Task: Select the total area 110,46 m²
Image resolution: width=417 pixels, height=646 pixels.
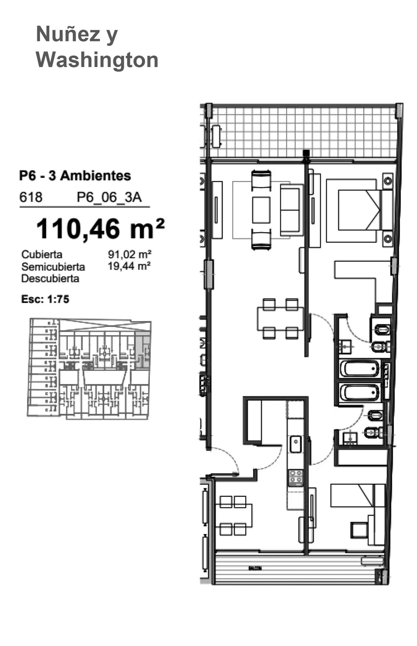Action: click(x=100, y=229)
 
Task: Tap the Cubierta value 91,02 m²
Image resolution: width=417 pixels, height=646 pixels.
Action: click(x=130, y=254)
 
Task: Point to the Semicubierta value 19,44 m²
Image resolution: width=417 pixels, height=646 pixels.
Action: click(x=129, y=266)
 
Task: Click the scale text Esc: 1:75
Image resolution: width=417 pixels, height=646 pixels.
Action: click(x=45, y=299)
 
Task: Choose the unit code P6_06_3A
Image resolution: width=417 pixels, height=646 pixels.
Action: click(x=109, y=197)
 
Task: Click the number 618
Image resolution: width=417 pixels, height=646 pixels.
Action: click(x=31, y=197)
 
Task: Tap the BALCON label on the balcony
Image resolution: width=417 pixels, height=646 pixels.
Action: click(x=255, y=569)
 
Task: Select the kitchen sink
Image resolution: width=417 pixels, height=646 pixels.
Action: click(x=296, y=444)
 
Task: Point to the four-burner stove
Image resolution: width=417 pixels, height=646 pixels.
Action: click(x=296, y=477)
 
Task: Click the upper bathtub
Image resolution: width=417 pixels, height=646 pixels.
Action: click(x=360, y=369)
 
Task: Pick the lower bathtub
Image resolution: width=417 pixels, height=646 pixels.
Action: click(x=360, y=393)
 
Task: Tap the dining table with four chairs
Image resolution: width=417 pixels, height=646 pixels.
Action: click(x=280, y=319)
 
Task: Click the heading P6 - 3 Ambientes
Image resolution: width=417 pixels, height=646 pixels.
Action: click(x=75, y=176)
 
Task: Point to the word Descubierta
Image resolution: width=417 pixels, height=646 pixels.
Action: click(x=50, y=279)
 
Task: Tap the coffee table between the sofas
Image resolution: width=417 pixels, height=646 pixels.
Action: click(x=261, y=210)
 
